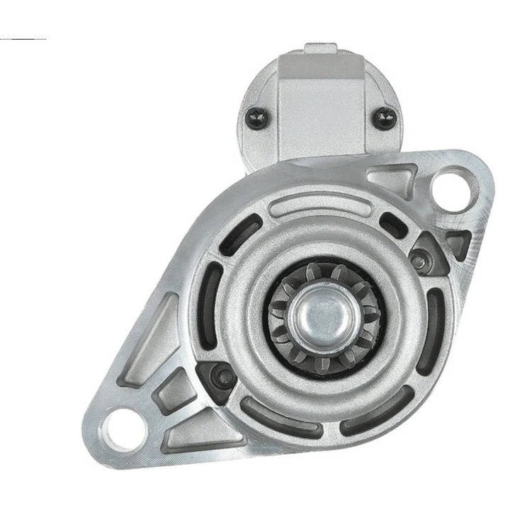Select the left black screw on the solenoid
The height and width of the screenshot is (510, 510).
[x=256, y=118]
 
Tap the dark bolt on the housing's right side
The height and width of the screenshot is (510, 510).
[x=420, y=261]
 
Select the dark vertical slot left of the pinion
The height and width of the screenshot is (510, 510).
[x=205, y=312]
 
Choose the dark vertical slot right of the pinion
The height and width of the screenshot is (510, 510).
[x=431, y=323]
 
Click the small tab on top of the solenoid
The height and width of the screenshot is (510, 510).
[x=320, y=50]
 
